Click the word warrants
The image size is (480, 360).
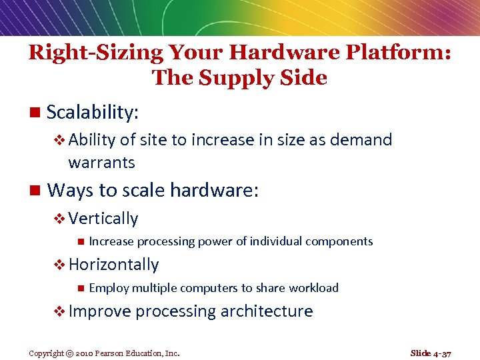(101, 162)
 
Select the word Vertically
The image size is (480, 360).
(103, 219)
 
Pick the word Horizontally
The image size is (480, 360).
(113, 265)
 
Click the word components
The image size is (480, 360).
(339, 241)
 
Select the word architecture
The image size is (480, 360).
(267, 311)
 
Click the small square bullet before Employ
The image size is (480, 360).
(80, 288)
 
